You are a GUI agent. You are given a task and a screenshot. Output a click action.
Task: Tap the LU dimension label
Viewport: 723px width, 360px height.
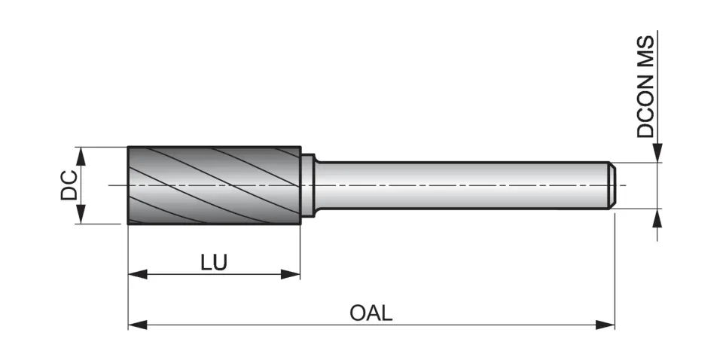tap(214, 262)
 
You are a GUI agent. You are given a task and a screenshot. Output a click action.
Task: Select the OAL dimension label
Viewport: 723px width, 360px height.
tap(371, 313)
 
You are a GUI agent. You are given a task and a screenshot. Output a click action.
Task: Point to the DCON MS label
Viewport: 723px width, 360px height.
tap(645, 87)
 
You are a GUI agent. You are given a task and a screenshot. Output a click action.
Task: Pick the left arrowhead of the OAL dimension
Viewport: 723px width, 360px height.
tap(137, 325)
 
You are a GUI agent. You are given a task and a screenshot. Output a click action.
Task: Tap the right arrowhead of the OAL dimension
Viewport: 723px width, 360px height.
tap(606, 325)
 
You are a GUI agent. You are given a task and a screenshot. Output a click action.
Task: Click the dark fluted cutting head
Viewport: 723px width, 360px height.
tap(214, 185)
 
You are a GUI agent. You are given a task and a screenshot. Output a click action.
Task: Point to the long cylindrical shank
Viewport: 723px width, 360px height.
tap(459, 185)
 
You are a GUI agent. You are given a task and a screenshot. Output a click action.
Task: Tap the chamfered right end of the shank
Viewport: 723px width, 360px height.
tap(613, 185)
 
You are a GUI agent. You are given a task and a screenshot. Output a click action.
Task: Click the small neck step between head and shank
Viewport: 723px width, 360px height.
tap(307, 185)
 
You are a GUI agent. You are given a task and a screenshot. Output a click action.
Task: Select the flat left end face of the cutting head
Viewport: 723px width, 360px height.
tap(128, 185)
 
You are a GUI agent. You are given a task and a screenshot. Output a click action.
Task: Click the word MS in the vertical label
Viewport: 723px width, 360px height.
tap(645, 52)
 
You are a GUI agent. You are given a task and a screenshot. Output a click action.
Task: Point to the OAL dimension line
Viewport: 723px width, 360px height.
tap(467, 325)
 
